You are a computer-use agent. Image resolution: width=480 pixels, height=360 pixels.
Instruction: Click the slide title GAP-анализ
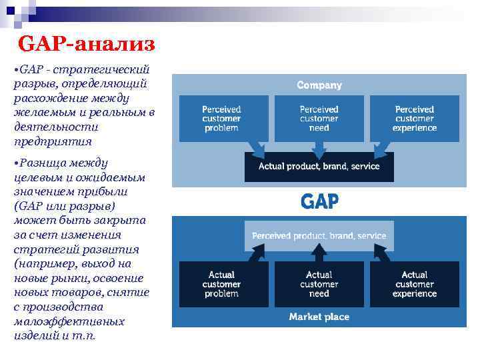click(87, 45)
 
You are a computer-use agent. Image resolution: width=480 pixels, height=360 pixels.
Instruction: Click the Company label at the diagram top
click(319, 85)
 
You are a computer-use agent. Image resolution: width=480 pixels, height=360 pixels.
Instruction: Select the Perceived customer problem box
click(222, 118)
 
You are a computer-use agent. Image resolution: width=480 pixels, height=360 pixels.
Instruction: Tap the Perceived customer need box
click(319, 118)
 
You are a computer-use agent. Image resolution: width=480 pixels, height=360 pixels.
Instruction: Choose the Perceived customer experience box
click(415, 118)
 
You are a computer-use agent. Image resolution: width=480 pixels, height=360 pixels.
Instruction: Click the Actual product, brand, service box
click(319, 167)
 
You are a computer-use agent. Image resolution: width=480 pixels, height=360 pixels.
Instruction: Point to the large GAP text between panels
click(320, 201)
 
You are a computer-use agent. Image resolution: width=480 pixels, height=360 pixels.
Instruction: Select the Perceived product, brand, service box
click(319, 236)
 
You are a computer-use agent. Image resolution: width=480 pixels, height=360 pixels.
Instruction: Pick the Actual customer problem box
click(222, 284)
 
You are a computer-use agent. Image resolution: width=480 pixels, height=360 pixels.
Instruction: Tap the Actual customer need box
click(319, 284)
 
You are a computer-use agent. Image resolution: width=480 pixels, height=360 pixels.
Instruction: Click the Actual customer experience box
click(415, 284)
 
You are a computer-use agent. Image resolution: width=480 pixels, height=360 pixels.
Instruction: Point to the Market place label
click(319, 317)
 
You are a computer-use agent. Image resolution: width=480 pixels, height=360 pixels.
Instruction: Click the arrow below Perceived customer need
click(319, 146)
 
